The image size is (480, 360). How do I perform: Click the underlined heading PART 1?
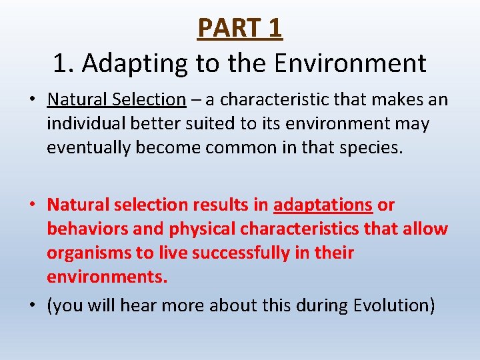pyautogui.click(x=240, y=28)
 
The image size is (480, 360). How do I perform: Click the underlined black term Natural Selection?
pyautogui.click(x=117, y=100)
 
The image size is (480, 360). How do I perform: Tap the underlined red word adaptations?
pyautogui.click(x=323, y=205)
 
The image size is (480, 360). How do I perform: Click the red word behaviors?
pyautogui.click(x=86, y=229)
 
